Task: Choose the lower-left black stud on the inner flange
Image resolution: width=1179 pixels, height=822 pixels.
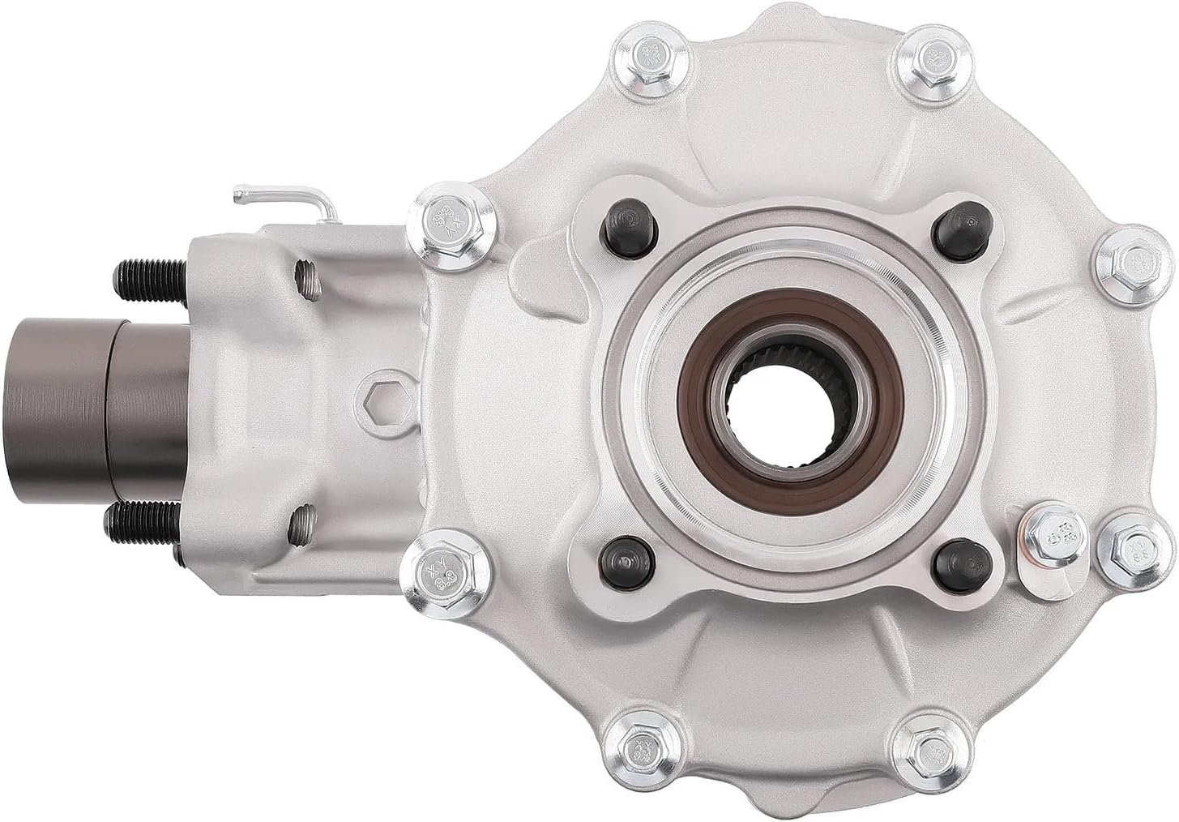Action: (x=619, y=560)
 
